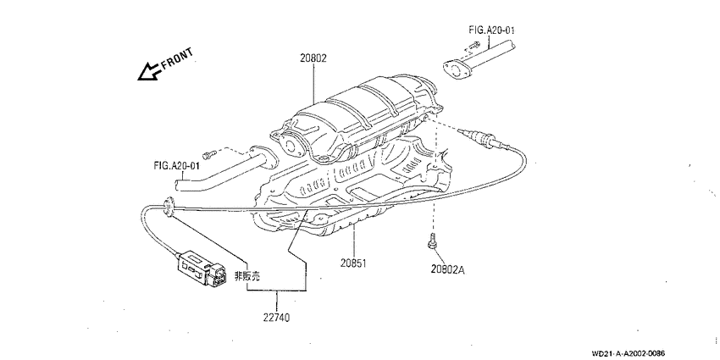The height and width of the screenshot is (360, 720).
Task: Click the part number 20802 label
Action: pos(313,58)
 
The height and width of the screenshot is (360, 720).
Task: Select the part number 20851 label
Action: pos(353,263)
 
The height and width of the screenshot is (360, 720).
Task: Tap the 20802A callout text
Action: pos(448,270)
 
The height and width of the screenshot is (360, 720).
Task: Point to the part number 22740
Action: pos(276,318)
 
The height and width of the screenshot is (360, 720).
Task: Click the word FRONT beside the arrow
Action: pos(177,58)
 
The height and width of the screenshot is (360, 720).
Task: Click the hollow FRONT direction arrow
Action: pos(148,72)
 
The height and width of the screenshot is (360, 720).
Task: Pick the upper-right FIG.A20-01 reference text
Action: pos(492,30)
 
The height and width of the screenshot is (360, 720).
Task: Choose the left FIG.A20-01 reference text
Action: pos(177,165)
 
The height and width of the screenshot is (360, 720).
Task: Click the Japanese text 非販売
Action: pos(247,276)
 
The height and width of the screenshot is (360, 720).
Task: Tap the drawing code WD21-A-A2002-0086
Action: pos(629,353)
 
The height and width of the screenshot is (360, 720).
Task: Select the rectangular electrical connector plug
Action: pos(202,269)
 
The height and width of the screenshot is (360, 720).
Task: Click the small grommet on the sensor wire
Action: pos(169,207)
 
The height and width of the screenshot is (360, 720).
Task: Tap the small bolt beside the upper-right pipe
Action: pos(474,46)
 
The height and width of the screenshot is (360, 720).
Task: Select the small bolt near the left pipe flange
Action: pos(209,155)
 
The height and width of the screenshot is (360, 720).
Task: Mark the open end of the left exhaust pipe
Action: pos(178,184)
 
